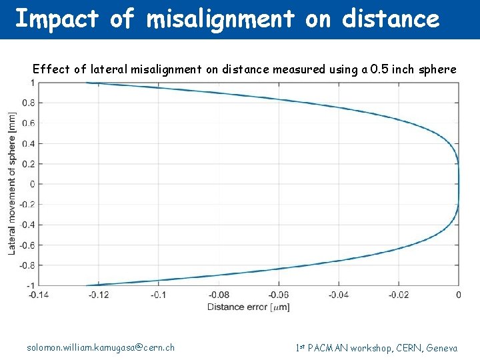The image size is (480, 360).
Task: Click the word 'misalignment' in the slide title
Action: pos(220,19)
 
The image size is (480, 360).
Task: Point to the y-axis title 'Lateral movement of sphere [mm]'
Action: pos(12,183)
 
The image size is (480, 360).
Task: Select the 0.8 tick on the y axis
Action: pos(29,103)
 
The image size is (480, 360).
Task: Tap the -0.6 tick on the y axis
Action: pos(27,245)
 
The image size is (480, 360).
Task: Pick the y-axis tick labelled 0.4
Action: pos(29,144)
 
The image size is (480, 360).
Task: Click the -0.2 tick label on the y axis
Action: pos(27,204)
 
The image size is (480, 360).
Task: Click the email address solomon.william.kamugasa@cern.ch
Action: pos(101,347)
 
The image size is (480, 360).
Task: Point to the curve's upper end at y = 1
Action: pos(87,83)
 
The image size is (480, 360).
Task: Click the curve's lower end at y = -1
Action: pos(87,285)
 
